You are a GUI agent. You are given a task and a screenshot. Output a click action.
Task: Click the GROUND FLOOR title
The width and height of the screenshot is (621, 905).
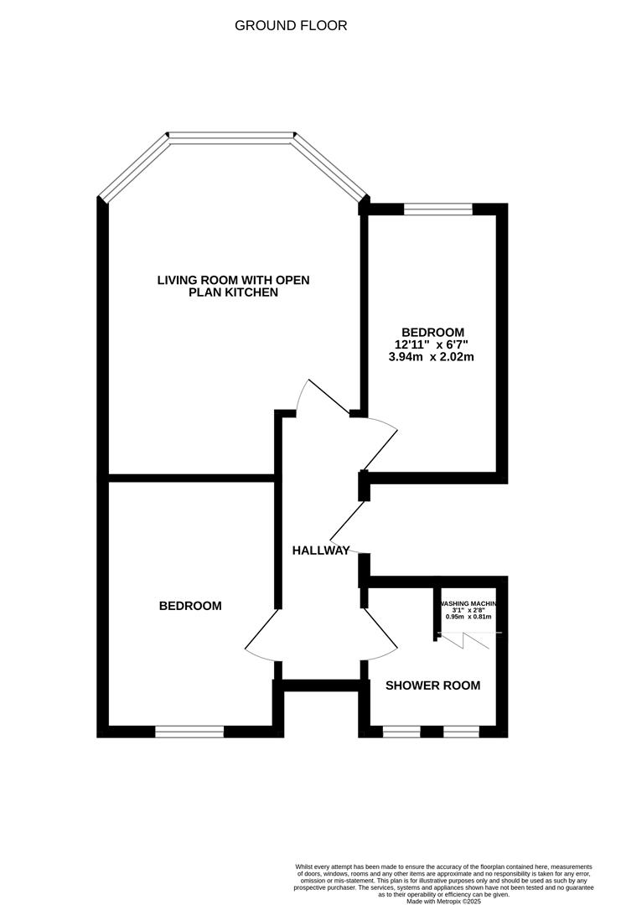[290, 26]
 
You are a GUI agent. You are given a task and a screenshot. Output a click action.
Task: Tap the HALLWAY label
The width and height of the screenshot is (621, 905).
[321, 551]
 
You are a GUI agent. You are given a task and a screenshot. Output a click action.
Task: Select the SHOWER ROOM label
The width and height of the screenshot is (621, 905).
[432, 685]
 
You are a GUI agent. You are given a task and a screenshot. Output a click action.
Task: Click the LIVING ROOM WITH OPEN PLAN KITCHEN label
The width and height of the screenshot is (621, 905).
[233, 286]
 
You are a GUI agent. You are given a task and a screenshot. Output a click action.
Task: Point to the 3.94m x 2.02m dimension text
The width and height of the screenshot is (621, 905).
[432, 356]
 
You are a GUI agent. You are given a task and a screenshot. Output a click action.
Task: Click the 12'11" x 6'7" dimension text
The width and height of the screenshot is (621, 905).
[432, 344]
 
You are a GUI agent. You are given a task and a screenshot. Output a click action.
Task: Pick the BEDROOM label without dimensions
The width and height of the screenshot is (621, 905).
[190, 606]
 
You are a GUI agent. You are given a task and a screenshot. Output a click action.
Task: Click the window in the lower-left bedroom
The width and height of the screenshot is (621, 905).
[189, 732]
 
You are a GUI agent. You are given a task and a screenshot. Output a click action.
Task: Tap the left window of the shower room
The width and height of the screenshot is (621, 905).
[401, 732]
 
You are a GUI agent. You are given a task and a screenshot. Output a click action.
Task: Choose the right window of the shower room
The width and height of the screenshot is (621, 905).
[461, 732]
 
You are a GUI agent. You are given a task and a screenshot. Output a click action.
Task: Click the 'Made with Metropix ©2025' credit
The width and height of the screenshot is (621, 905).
[444, 901]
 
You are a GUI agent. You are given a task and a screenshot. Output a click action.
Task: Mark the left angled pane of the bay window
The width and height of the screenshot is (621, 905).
[133, 168]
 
